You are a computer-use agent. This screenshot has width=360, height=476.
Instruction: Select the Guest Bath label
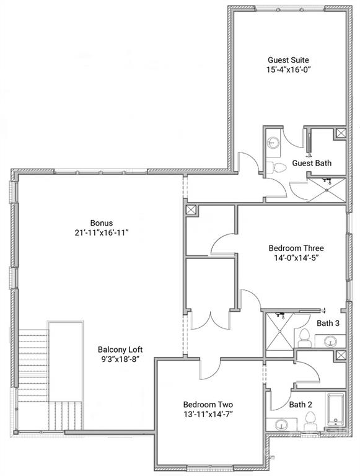(x=311, y=163)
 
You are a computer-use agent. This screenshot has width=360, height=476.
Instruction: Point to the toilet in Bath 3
(x=304, y=338)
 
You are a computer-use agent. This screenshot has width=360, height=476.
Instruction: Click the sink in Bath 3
(x=331, y=341)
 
